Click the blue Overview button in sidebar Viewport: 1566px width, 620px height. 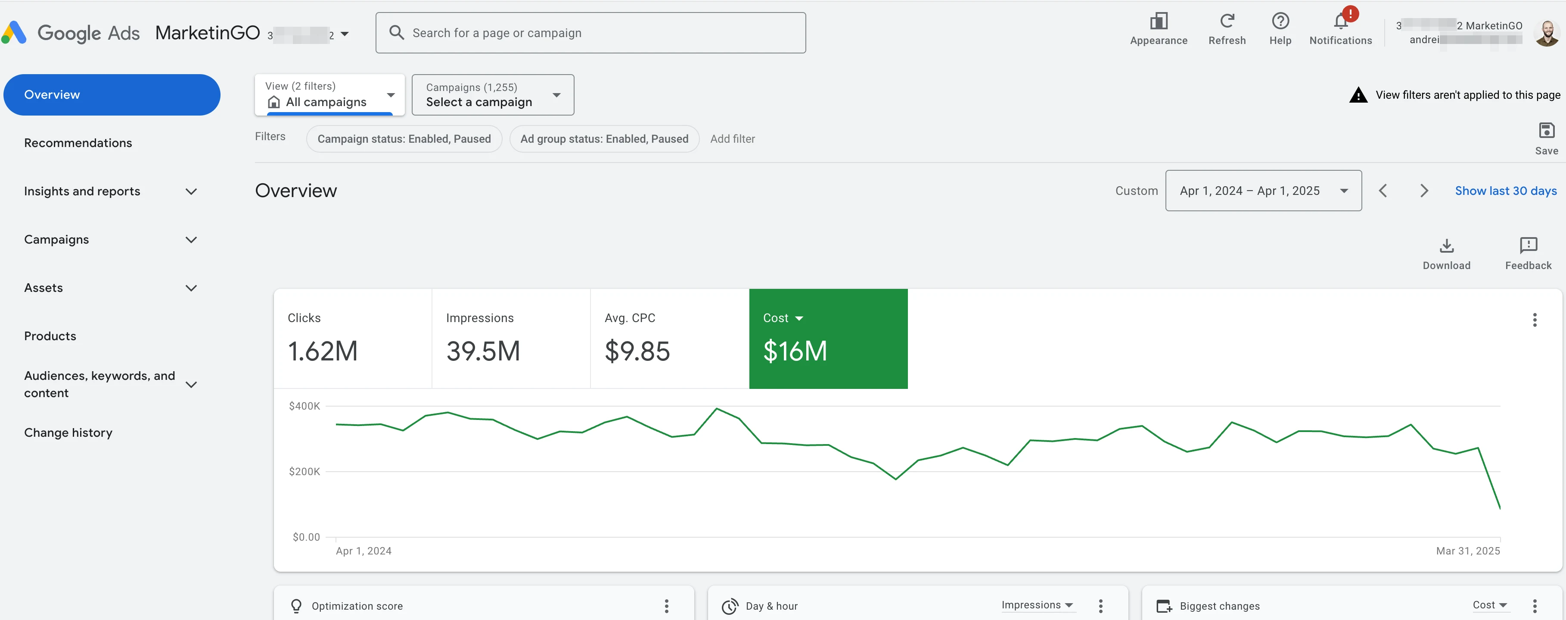pos(112,95)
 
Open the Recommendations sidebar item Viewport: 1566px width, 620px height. pos(78,143)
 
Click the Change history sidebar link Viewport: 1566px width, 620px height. pos(68,432)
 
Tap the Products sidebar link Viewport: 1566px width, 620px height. pos(50,336)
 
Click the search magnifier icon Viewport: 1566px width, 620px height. pos(396,33)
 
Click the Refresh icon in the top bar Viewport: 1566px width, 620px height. pos(1227,21)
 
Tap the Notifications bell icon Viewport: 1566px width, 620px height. pos(1340,22)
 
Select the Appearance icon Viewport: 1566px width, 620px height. pos(1158,21)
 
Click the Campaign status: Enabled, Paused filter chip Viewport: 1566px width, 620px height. pos(404,139)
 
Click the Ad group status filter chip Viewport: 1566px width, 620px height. pos(604,139)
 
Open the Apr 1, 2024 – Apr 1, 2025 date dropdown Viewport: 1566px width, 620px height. pos(1263,191)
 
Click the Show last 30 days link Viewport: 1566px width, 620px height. pos(1505,191)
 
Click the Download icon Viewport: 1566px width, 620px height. pos(1446,246)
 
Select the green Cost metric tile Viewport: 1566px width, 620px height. pos(827,338)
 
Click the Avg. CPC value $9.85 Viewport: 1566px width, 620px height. pos(637,351)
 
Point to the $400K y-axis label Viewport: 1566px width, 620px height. pos(304,406)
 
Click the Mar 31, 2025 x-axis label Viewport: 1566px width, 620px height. pos(1467,551)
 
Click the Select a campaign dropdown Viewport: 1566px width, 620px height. pos(492,95)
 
